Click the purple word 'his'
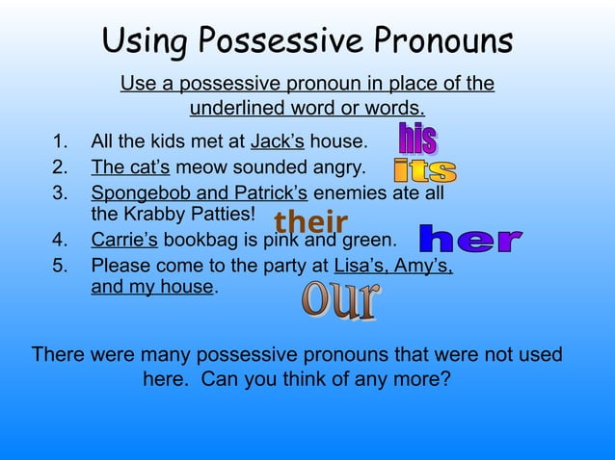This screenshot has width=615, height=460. [x=417, y=140]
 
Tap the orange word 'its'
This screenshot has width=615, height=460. [x=425, y=171]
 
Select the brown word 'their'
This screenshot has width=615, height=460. [x=310, y=222]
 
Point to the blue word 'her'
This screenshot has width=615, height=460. [x=471, y=239]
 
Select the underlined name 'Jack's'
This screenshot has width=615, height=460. [x=278, y=143]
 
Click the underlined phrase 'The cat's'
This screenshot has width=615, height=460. [x=130, y=168]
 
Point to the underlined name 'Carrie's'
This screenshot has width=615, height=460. [x=125, y=239]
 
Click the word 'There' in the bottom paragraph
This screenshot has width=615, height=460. [x=59, y=354]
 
